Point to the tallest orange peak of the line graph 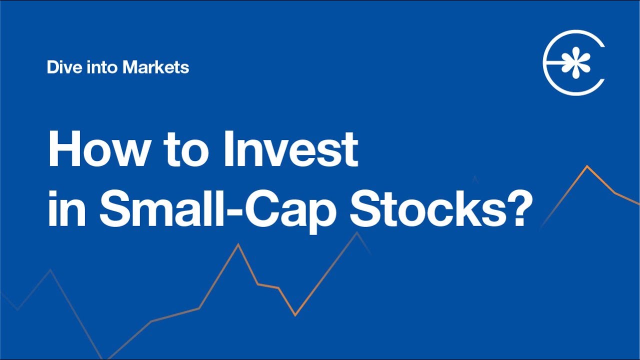pos(587,166)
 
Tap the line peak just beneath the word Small pos(238,244)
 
